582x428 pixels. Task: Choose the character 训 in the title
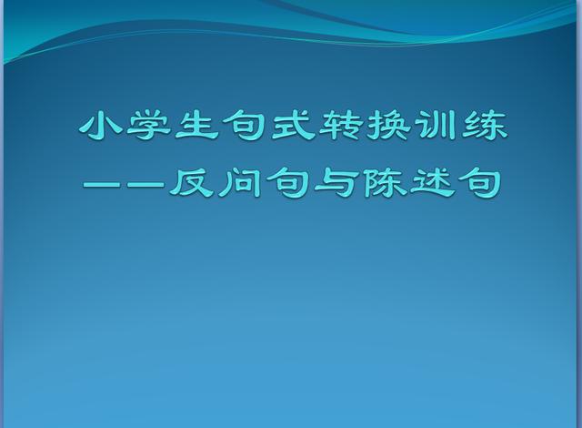click(436, 126)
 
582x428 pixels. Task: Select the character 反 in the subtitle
click(191, 182)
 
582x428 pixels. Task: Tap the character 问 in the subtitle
click(239, 182)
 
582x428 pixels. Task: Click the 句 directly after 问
click(287, 182)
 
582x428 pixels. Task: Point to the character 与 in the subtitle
click(336, 182)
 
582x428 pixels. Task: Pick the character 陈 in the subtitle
click(384, 182)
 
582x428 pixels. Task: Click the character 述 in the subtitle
click(432, 182)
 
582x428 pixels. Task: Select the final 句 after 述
click(480, 182)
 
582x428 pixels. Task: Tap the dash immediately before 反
click(145, 184)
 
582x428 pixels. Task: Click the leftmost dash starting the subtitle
click(104, 184)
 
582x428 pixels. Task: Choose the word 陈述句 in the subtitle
click(432, 182)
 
